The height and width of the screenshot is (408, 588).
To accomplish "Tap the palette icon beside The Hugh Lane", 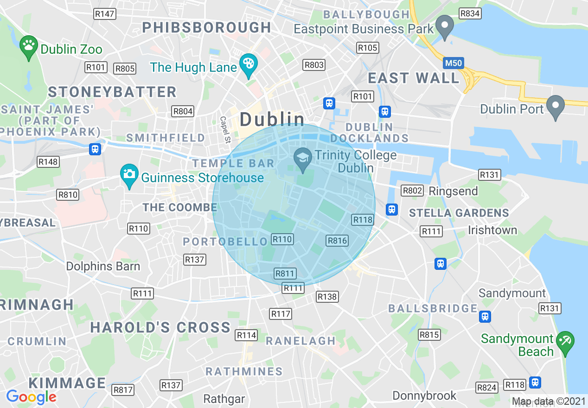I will pyautogui.click(x=249, y=64).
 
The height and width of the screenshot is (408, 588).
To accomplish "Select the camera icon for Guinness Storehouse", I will pyautogui.click(x=129, y=175).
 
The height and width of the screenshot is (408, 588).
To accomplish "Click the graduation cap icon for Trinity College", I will pyautogui.click(x=303, y=158).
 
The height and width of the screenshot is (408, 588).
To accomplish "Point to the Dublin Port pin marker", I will pyautogui.click(x=555, y=106).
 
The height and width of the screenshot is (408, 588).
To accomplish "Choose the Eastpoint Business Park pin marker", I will pyautogui.click(x=446, y=26).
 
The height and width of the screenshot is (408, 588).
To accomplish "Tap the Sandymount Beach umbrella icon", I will pyautogui.click(x=565, y=342).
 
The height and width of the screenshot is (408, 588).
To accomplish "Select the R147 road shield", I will pyautogui.click(x=104, y=14).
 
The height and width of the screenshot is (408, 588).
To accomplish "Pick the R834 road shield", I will pyautogui.click(x=470, y=13).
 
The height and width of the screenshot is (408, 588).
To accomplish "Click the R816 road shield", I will pyautogui.click(x=337, y=240).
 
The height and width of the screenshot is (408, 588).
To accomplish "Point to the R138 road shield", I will pyautogui.click(x=327, y=296).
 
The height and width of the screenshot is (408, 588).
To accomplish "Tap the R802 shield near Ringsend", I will pyautogui.click(x=412, y=191).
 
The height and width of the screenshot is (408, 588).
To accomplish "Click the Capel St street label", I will pyautogui.click(x=224, y=129).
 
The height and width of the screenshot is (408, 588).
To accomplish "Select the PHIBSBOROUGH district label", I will pyautogui.click(x=206, y=27).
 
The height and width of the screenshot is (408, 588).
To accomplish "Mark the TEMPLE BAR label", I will pyautogui.click(x=233, y=163).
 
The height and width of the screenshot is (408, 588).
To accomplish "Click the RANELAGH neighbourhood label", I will pyautogui.click(x=300, y=341).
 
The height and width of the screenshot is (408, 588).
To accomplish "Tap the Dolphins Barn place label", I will pyautogui.click(x=103, y=266).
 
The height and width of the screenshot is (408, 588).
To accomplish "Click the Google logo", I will pyautogui.click(x=31, y=397).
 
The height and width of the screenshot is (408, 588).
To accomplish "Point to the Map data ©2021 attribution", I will pyautogui.click(x=549, y=402).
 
